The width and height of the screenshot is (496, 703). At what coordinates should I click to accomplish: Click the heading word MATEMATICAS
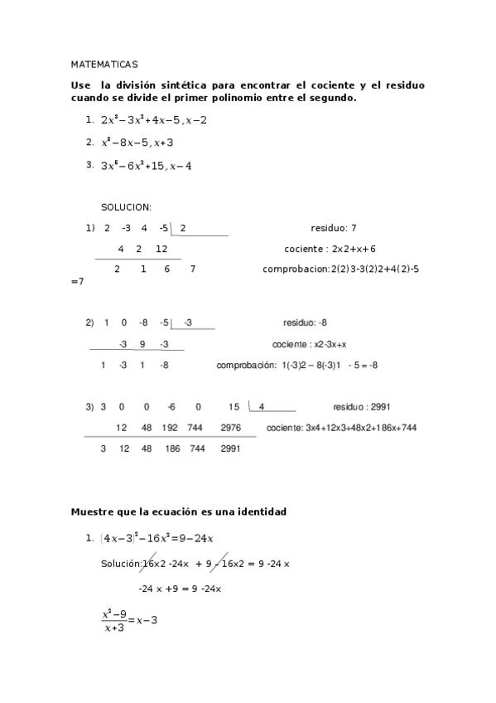coord(104,63)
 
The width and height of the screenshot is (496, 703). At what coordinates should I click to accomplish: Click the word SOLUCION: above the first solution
coord(127,207)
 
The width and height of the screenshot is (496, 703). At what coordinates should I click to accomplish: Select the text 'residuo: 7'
coord(333,227)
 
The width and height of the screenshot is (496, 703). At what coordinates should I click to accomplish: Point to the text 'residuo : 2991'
coord(362,407)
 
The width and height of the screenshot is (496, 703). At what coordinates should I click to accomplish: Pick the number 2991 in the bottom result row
coord(231,448)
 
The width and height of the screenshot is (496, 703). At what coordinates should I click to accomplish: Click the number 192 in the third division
coord(171,428)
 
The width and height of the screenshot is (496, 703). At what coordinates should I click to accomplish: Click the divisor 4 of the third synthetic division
coord(262,407)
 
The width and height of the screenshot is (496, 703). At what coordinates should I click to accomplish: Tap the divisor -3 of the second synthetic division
coord(188,322)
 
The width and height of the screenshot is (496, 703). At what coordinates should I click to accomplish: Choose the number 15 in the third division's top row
coord(234,407)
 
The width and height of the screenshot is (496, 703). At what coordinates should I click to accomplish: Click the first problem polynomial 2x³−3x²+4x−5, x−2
coord(154,120)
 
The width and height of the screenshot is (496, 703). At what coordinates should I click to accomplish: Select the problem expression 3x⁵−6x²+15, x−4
coord(147,166)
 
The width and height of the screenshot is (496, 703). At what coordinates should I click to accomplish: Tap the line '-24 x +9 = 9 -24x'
coord(180,589)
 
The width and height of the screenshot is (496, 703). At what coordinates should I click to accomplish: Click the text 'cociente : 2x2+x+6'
coord(330,249)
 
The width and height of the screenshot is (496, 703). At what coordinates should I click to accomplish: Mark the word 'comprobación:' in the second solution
coord(245,365)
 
